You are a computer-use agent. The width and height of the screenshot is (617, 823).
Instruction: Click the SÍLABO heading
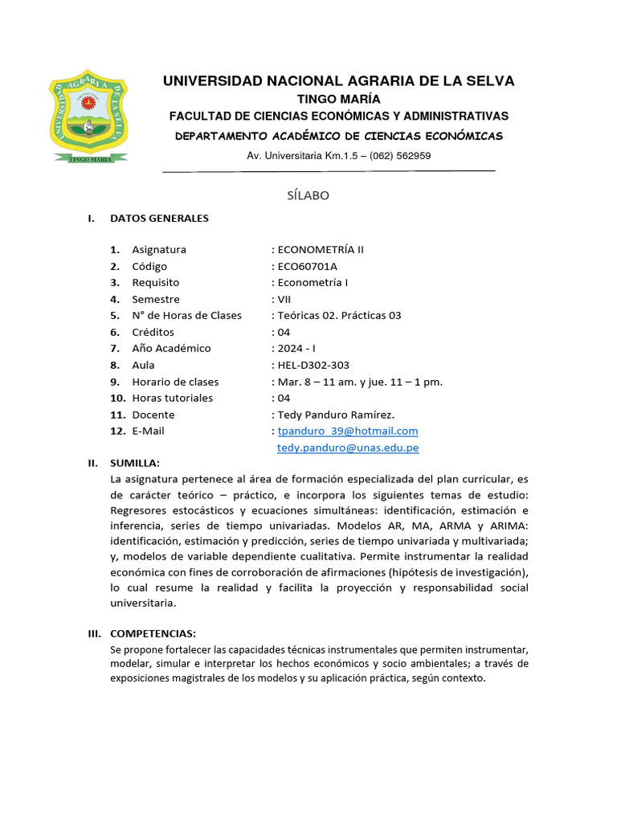click(308, 195)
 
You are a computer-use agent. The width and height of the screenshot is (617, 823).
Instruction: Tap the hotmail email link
click(348, 431)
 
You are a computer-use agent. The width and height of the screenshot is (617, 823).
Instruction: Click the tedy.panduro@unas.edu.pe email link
click(348, 448)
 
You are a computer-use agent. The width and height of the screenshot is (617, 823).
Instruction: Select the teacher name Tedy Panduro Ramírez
click(335, 415)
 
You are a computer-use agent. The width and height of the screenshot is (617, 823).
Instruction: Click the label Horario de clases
click(175, 382)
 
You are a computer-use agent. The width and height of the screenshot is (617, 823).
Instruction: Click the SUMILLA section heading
click(135, 463)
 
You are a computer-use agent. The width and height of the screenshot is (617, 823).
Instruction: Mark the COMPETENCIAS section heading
click(153, 633)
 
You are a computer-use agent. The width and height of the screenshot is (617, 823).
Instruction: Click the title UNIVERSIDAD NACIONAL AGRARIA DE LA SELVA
click(338, 81)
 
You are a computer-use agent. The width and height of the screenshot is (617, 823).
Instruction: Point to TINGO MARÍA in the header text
click(339, 99)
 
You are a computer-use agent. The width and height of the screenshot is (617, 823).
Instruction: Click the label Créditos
click(153, 332)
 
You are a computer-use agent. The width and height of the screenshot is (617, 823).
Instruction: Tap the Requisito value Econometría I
click(313, 282)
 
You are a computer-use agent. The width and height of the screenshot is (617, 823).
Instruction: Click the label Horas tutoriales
click(173, 398)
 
